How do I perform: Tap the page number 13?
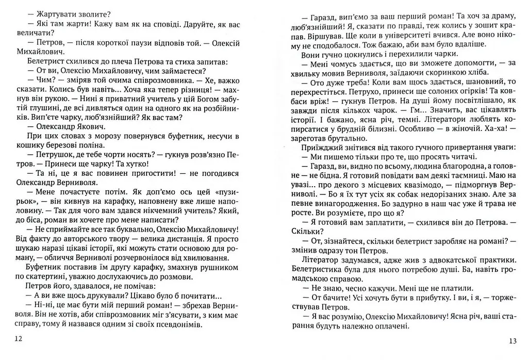(x=512, y=340)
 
